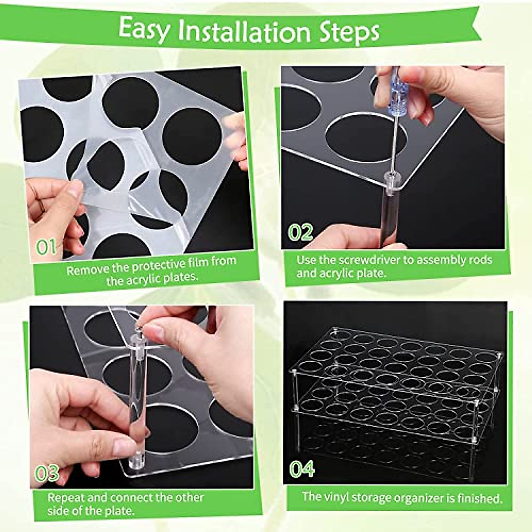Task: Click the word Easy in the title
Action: (144, 29)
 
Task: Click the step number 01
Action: (46, 247)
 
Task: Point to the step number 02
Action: (301, 232)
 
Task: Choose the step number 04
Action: (302, 469)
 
